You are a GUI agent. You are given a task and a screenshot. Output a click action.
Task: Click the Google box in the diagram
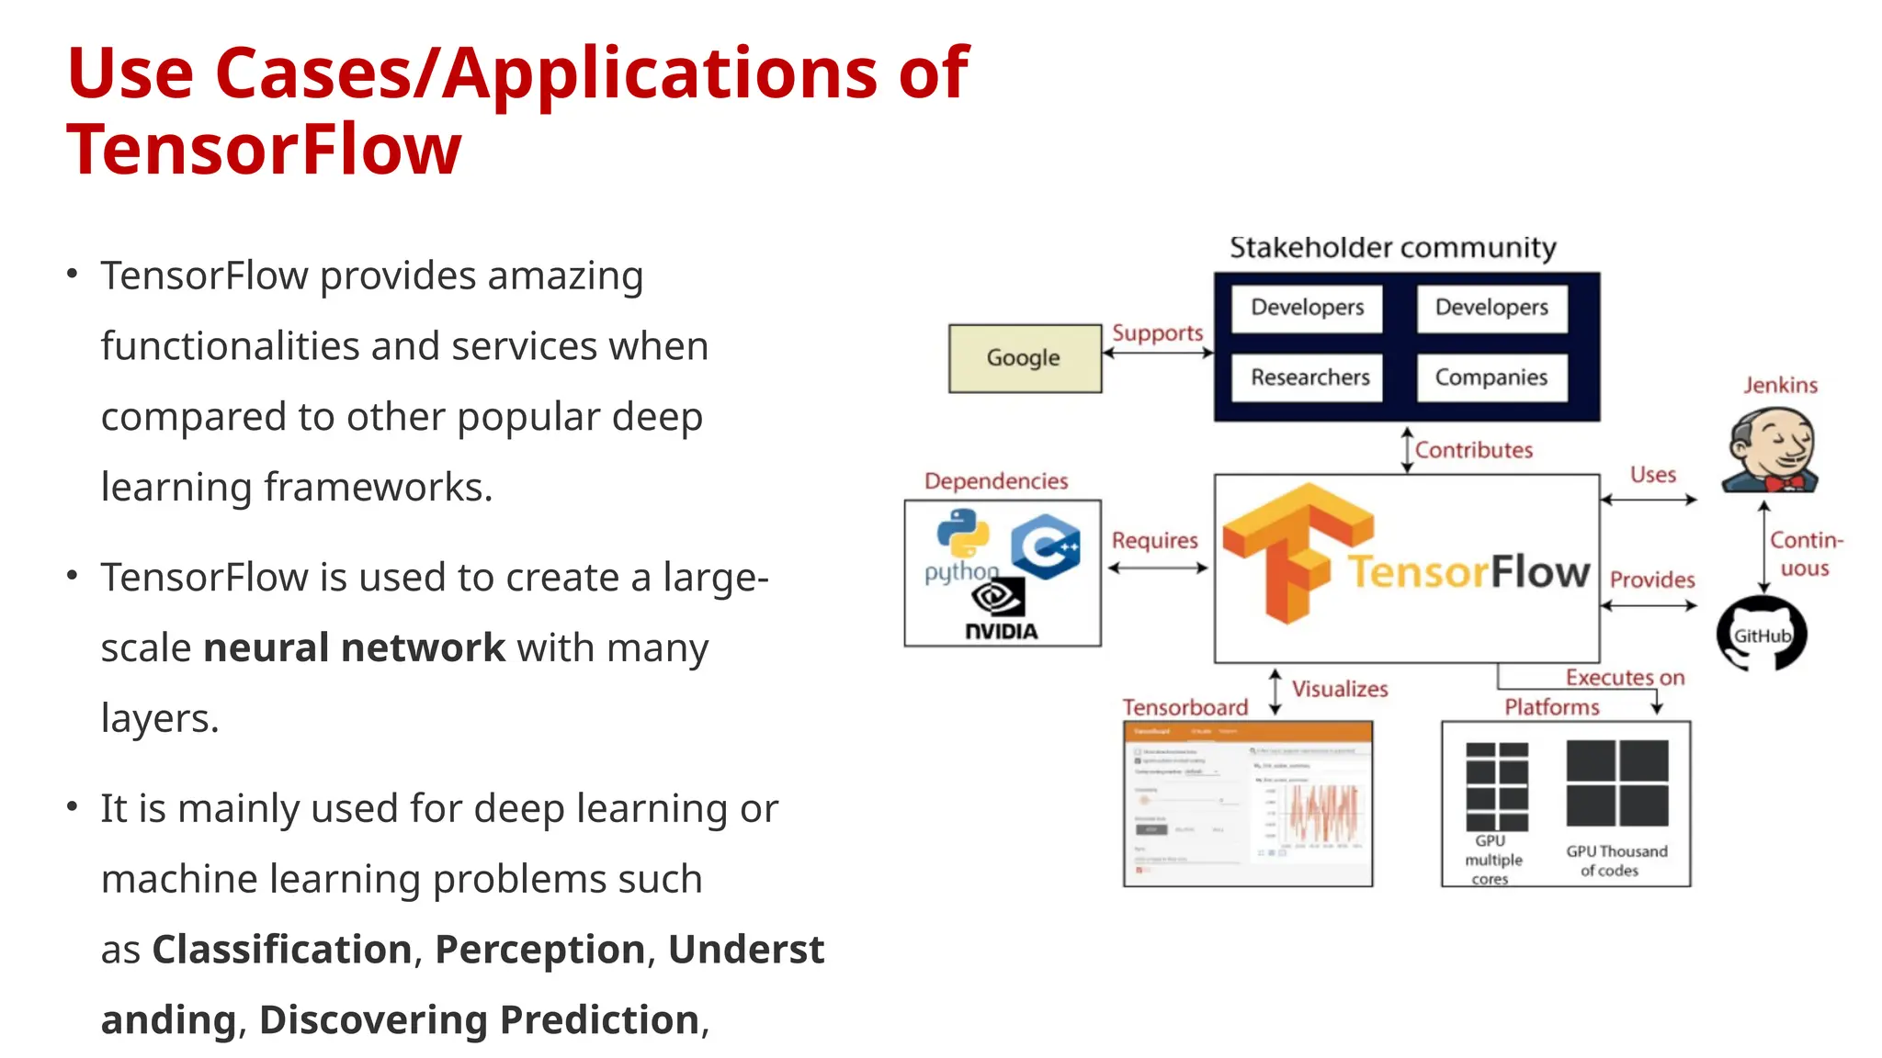tap(1025, 358)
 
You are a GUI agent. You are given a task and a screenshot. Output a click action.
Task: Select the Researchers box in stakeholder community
tap(1309, 377)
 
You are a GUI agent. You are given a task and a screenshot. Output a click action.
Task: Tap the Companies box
tap(1491, 377)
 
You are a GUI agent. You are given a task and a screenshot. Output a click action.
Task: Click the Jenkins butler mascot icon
tap(1771, 450)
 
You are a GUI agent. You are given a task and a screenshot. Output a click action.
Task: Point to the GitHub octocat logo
tap(1762, 634)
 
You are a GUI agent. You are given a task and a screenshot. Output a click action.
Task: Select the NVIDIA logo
tap(1000, 611)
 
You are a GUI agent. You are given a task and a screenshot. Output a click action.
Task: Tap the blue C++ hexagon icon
tap(1046, 547)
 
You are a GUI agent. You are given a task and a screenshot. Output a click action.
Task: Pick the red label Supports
tap(1157, 332)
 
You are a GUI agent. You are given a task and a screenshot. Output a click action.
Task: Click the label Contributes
tap(1473, 450)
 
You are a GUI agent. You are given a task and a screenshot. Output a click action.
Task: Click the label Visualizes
tap(1340, 689)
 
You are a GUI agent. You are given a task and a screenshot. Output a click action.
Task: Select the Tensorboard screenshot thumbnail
tap(1247, 804)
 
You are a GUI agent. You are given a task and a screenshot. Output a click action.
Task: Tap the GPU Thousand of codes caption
tap(1616, 861)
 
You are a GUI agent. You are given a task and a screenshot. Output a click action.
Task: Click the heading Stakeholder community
tap(1392, 248)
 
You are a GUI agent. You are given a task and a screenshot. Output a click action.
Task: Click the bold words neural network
tap(354, 647)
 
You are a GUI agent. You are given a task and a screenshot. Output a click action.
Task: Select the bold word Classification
tap(282, 949)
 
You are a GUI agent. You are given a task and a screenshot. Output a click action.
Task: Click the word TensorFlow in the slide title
tap(264, 150)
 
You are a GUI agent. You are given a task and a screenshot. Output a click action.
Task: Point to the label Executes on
tap(1625, 678)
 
